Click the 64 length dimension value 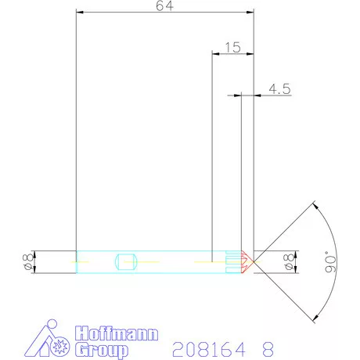pyautogui.click(x=165, y=6)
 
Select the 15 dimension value pyautogui.click(x=232, y=47)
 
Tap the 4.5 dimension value pyautogui.click(x=279, y=89)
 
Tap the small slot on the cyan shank pyautogui.click(x=126, y=261)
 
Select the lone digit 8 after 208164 pyautogui.click(x=268, y=347)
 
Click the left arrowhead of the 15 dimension pyautogui.click(x=217, y=53)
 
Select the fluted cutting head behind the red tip pyautogui.click(x=233, y=261)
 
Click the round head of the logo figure pyautogui.click(x=52, y=325)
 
